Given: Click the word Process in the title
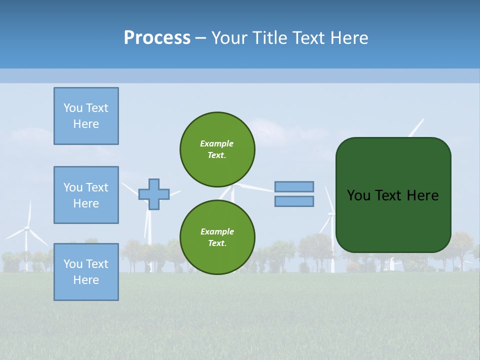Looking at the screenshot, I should click(157, 38).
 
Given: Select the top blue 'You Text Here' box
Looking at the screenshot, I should click(86, 116).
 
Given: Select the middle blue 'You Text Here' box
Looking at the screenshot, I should click(86, 195).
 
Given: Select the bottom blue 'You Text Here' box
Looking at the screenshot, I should click(86, 272).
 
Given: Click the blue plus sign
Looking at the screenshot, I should click(154, 194).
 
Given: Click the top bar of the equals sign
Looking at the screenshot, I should click(294, 186).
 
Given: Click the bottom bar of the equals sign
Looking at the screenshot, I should click(294, 201).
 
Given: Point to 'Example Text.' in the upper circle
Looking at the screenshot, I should click(217, 149).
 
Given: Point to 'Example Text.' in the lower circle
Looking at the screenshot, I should click(217, 237).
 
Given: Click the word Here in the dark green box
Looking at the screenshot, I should click(422, 195).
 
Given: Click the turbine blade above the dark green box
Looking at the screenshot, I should click(416, 127).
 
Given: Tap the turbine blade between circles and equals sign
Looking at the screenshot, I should click(257, 188).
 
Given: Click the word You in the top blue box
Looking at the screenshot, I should click(73, 108).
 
